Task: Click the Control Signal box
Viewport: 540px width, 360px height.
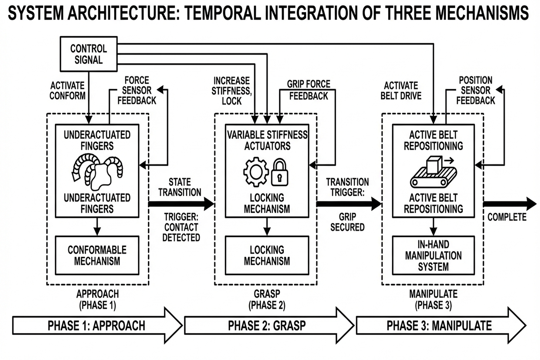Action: tap(89, 54)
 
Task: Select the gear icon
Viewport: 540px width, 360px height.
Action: tap(256, 172)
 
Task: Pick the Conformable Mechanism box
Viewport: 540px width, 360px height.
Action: tap(97, 255)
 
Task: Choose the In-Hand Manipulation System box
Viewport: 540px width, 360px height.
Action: tap(433, 255)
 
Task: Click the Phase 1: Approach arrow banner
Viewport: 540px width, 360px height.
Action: tap(97, 326)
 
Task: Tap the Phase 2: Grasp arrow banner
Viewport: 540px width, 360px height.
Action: tap(267, 326)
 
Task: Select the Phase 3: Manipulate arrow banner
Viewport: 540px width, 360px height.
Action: tap(439, 326)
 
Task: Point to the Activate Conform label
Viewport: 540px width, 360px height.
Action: tap(67, 90)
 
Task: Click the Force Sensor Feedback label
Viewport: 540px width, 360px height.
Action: tap(137, 90)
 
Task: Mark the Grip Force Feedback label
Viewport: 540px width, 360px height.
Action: tap(309, 90)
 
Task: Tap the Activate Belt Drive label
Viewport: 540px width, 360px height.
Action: tap(401, 90)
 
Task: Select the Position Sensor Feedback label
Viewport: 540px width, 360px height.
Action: tap(475, 90)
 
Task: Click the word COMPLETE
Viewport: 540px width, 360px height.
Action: tap(507, 217)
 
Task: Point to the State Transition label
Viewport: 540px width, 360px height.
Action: tap(180, 187)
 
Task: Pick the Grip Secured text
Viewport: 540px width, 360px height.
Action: tap(347, 222)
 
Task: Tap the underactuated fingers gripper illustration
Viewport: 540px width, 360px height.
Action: tap(97, 172)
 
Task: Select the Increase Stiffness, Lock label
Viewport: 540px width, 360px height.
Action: tap(232, 91)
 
